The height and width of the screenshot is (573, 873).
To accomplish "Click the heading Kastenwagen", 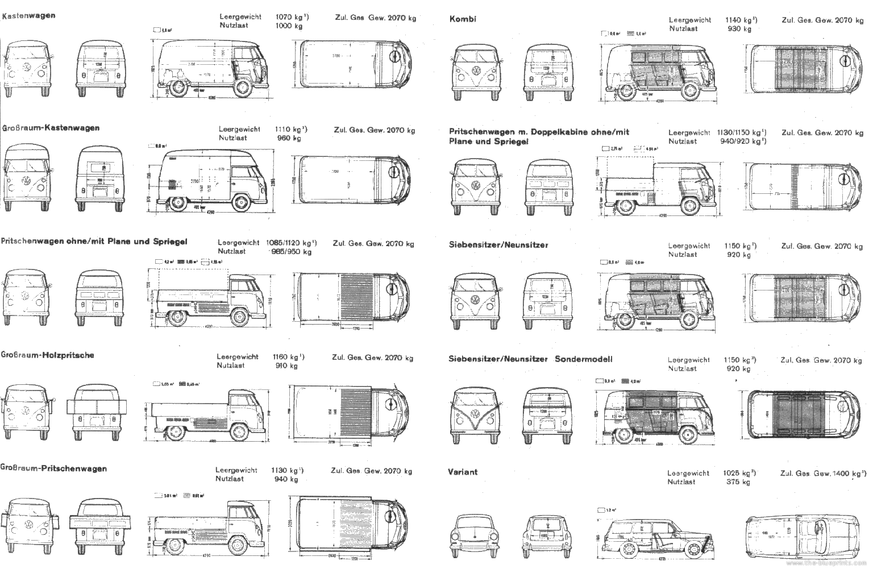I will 28,15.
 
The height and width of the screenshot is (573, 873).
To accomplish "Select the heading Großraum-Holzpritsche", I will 47,355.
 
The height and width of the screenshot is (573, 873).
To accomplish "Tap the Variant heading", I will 462,472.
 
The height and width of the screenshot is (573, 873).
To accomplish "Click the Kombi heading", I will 463,19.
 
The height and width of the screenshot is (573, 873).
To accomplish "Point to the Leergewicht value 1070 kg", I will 292,17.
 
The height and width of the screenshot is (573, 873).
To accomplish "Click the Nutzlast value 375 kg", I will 738,481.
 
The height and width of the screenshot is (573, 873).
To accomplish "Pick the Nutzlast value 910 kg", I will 286,366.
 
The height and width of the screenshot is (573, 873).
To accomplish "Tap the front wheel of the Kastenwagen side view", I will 243,88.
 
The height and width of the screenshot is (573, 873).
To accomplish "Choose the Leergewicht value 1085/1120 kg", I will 291,242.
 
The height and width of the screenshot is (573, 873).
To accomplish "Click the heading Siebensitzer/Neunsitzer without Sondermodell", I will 498,245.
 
